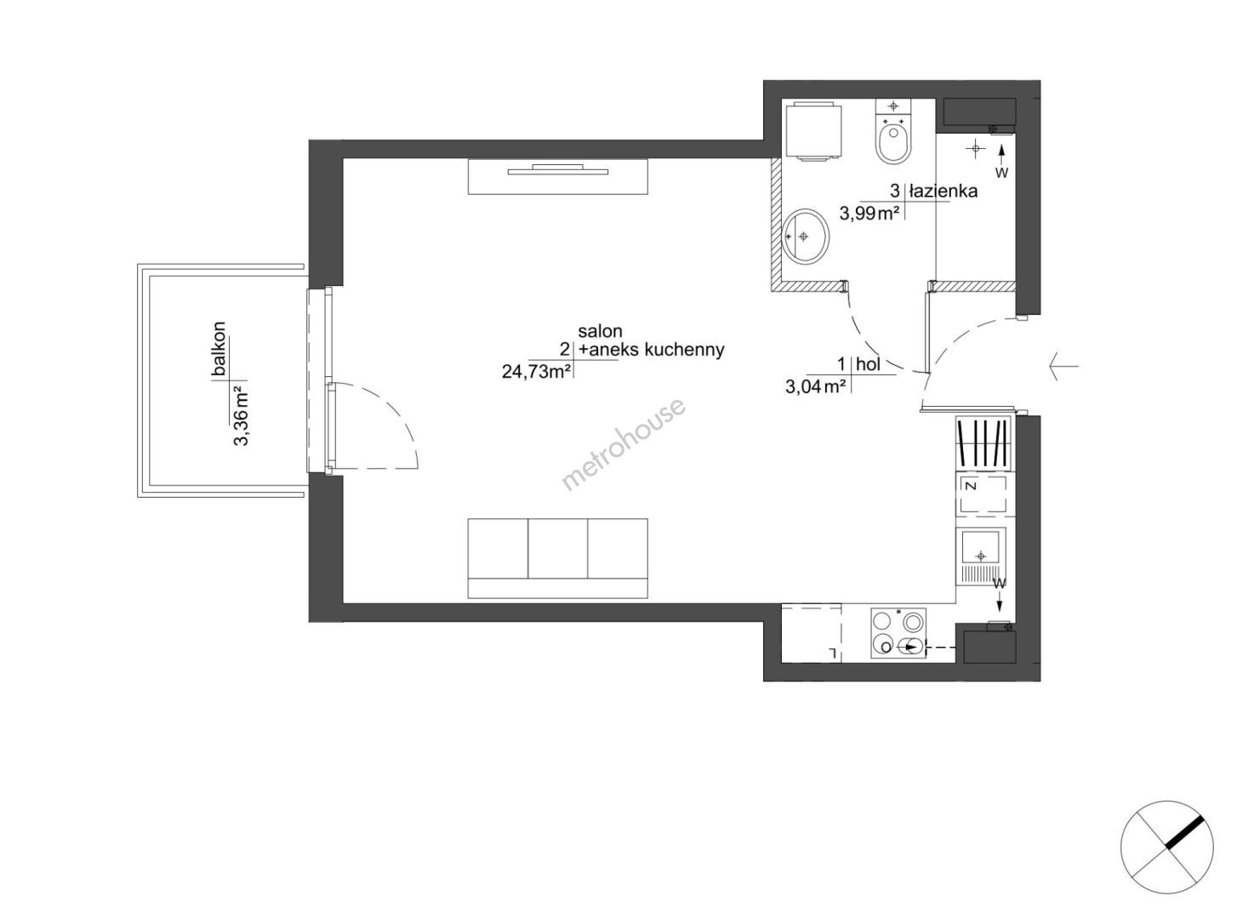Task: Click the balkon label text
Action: point(219,348)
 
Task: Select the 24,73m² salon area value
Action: point(536,371)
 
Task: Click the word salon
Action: point(600,332)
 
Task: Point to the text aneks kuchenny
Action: point(658,350)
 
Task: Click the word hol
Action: point(869,364)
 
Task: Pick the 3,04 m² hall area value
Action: point(815,386)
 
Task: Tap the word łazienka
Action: point(943,191)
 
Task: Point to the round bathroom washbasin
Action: point(806,236)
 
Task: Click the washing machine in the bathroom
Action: point(814,131)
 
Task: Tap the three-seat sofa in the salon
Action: point(557,558)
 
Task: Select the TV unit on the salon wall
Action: point(557,177)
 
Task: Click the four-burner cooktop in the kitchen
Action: point(898,633)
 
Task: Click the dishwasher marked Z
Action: point(983,494)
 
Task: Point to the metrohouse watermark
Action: point(623,444)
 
